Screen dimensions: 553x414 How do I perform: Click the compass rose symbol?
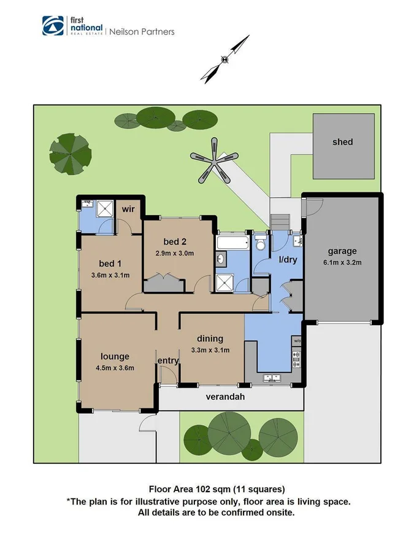(226, 59)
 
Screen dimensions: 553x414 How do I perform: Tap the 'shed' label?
(342, 142)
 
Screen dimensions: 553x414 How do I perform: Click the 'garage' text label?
(342, 251)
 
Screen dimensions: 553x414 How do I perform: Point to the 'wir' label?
(128, 209)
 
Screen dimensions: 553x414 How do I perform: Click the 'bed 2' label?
(174, 241)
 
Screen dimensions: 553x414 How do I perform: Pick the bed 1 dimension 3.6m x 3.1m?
(110, 275)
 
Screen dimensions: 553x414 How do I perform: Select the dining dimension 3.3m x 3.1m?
(210, 350)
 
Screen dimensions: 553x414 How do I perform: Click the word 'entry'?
(168, 361)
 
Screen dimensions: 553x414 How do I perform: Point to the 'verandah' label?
(225, 397)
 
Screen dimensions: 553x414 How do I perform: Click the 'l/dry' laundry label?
(288, 260)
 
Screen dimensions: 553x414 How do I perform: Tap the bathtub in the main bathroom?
(233, 243)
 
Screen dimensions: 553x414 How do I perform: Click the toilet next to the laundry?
(260, 245)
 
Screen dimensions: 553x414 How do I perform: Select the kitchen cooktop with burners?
(297, 356)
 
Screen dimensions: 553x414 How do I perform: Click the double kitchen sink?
(268, 378)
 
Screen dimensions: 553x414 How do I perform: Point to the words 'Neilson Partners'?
(142, 31)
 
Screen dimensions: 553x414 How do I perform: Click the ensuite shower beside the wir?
(105, 208)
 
